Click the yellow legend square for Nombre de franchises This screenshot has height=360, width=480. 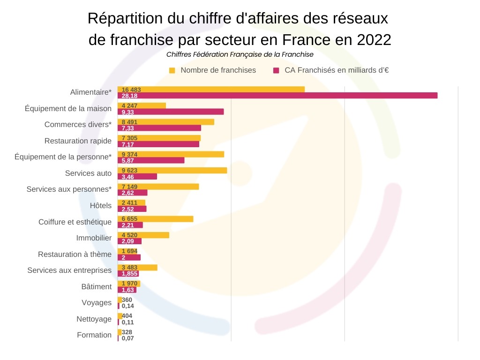pos(172,70)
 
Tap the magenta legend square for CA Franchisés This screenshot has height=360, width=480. pos(276,70)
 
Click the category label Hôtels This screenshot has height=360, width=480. pos(101,206)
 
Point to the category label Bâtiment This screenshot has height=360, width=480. pos(97,287)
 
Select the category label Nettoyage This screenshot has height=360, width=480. pos(94,319)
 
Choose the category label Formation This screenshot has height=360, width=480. pos(94,335)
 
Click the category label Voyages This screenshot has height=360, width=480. pos(97,303)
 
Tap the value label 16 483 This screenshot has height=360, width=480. pos(131,90)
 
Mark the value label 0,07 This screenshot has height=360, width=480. pos(127,338)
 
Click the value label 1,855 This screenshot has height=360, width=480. pos(130,274)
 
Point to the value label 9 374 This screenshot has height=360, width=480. pos(129,154)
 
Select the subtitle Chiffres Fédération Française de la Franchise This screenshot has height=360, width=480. pos(240,54)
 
